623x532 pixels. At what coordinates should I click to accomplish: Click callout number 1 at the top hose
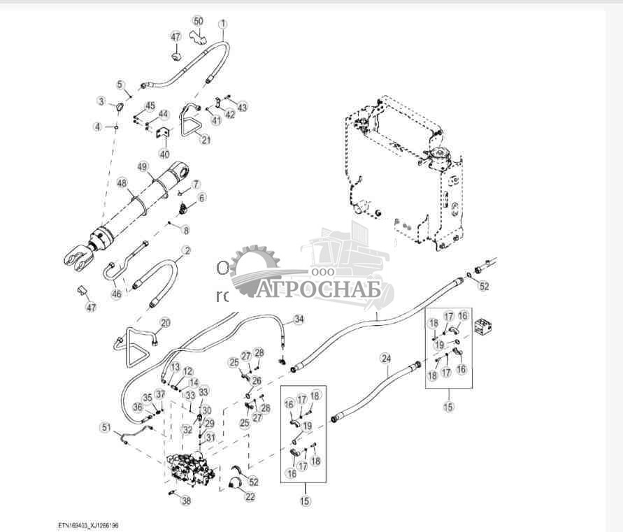click(x=223, y=24)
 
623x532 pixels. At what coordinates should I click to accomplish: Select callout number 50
click(x=199, y=22)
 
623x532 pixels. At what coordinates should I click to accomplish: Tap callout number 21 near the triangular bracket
click(x=206, y=140)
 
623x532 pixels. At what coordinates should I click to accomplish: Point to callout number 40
click(x=164, y=154)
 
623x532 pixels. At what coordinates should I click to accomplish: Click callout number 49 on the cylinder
click(x=143, y=167)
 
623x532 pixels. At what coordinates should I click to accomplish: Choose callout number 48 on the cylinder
click(x=122, y=184)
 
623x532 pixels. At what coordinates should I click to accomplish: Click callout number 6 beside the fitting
click(x=202, y=198)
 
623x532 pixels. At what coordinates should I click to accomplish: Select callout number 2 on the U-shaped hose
click(x=187, y=250)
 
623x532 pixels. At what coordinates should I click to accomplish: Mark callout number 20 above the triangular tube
click(x=165, y=322)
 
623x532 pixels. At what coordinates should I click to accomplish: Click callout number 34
click(x=299, y=319)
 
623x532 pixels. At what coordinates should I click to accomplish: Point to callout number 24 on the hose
click(x=385, y=359)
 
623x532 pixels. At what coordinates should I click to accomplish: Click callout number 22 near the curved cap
click(x=250, y=496)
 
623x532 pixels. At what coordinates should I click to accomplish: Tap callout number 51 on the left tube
click(x=106, y=427)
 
